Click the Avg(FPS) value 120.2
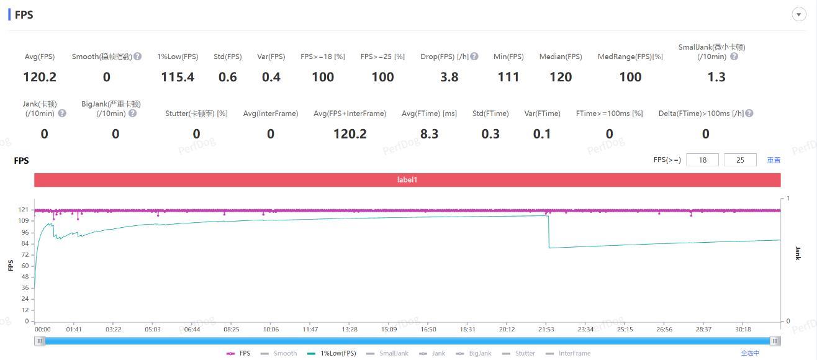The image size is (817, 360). point(40,77)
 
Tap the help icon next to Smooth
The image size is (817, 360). point(138,56)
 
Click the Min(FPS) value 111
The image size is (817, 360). point(508,77)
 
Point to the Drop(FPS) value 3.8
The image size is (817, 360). point(449,77)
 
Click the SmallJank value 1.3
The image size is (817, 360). point(716,77)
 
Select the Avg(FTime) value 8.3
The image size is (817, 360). point(429,134)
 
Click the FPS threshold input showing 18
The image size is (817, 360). point(702,160)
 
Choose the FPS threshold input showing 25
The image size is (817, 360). point(740,160)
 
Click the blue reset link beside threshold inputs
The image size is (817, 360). point(774,160)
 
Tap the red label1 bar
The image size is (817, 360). point(407,180)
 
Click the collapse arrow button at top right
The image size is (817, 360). point(799,15)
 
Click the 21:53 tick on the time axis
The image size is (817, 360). point(546,330)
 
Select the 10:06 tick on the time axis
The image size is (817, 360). point(271,330)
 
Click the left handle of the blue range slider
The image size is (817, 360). point(40,341)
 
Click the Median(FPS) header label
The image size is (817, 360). point(561,56)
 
